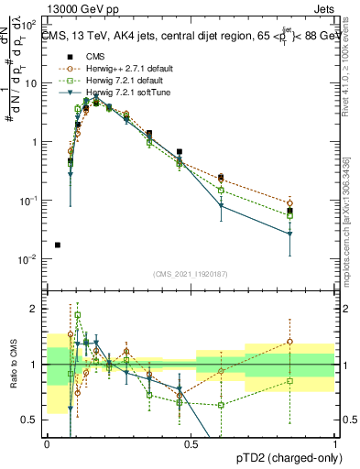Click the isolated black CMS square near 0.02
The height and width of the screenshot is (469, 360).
(x=58, y=245)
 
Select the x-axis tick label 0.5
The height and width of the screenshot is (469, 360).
(x=191, y=444)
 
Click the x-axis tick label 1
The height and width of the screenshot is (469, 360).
(x=335, y=444)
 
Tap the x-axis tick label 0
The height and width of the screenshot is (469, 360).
(x=48, y=444)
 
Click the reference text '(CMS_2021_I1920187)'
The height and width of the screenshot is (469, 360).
(x=191, y=274)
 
